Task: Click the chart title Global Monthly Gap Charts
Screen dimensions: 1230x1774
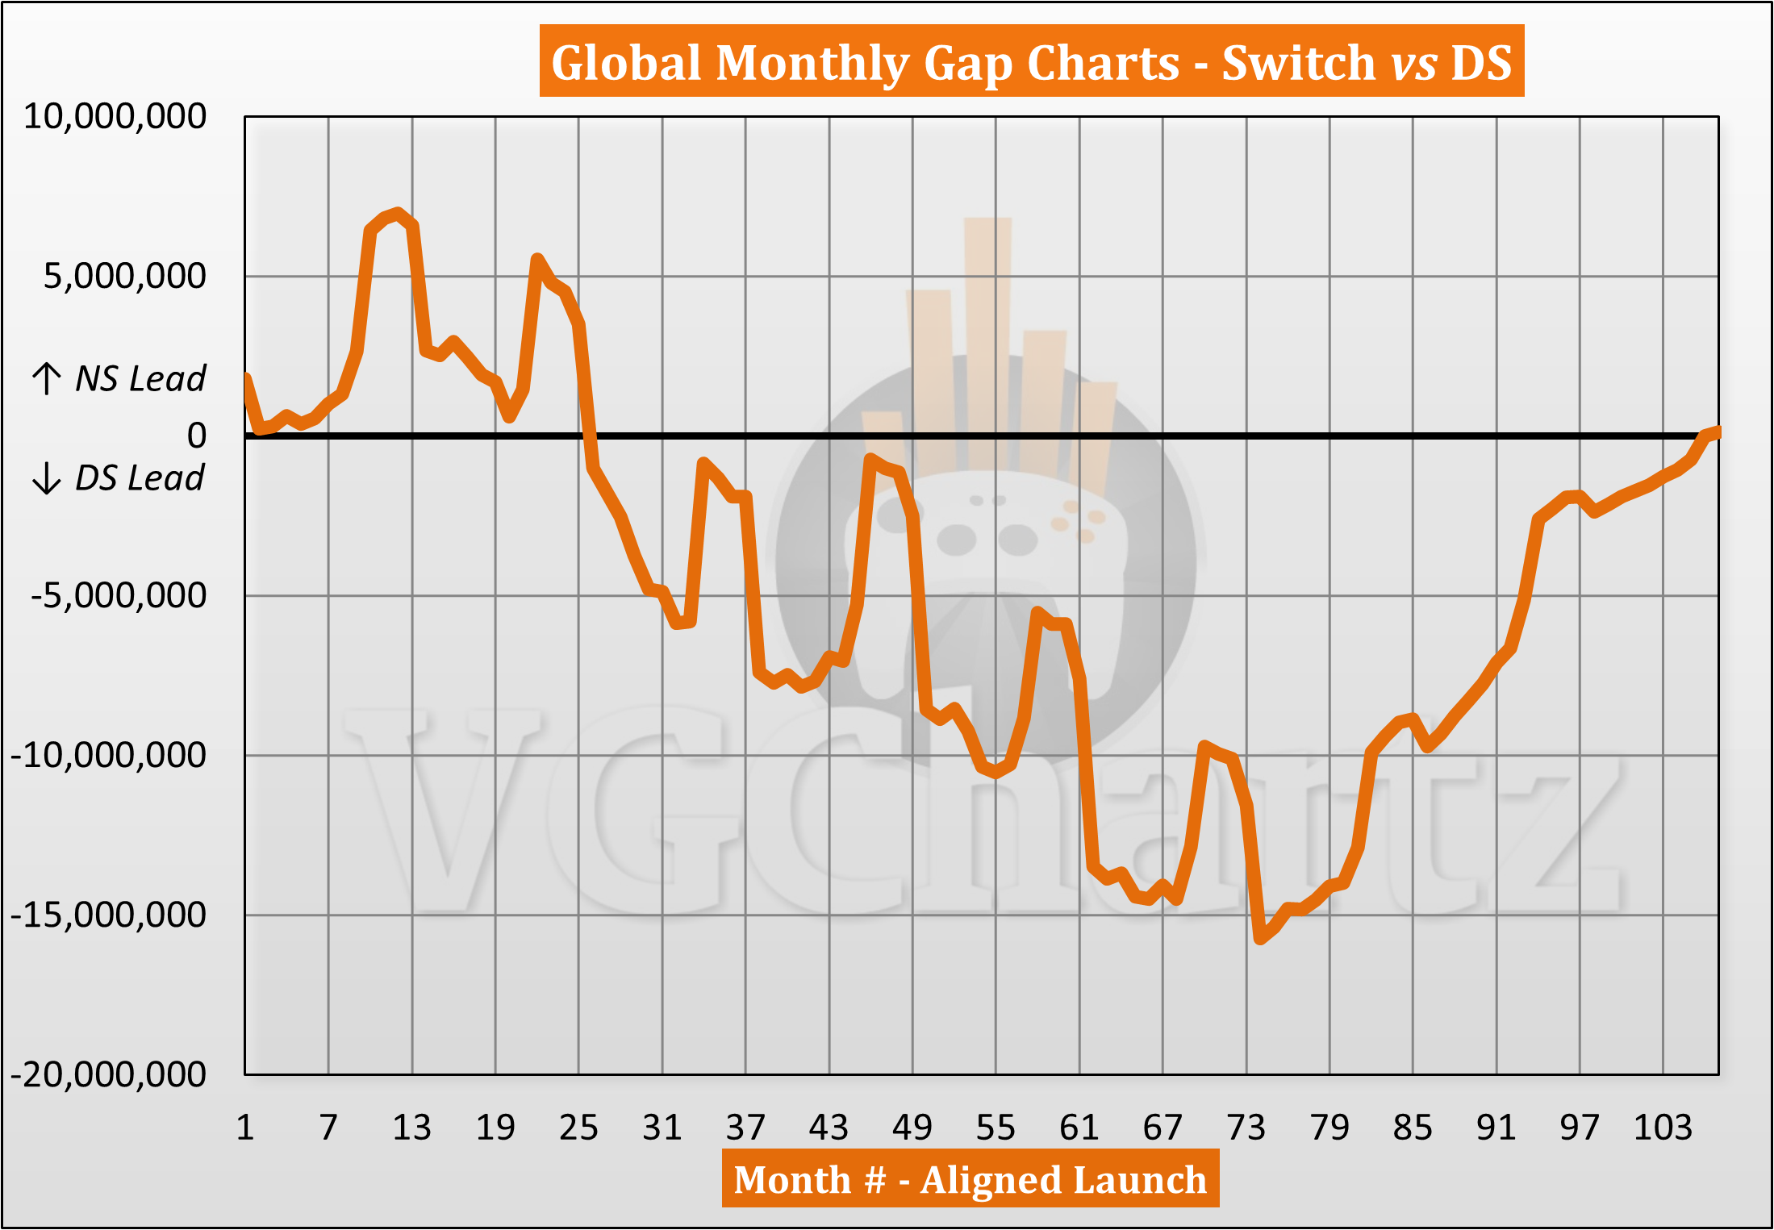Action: pyautogui.click(x=1031, y=62)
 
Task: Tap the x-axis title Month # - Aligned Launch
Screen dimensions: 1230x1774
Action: pyautogui.click(x=970, y=1180)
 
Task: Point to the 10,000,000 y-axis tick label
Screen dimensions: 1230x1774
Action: pyautogui.click(x=115, y=117)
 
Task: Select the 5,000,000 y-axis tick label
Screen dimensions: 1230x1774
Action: pyautogui.click(x=124, y=277)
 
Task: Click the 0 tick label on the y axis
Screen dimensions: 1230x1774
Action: pyautogui.click(x=197, y=436)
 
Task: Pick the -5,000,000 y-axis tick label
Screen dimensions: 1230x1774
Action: pyautogui.click(x=119, y=596)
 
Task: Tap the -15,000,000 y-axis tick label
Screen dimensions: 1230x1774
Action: pyautogui.click(x=109, y=915)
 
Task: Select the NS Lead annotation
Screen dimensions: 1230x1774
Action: pyautogui.click(x=140, y=378)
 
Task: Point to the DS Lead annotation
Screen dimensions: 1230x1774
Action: pyautogui.click(x=139, y=478)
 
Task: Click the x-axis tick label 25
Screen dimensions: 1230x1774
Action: pyautogui.click(x=578, y=1127)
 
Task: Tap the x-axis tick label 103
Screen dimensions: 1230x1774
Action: pyautogui.click(x=1663, y=1127)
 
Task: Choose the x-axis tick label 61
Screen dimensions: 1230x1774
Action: pyautogui.click(x=1079, y=1127)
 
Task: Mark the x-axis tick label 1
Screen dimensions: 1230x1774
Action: pyautogui.click(x=245, y=1127)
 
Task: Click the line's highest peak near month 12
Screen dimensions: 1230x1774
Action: pyautogui.click(x=398, y=213)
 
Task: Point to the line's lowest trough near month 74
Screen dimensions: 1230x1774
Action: pyautogui.click(x=1260, y=939)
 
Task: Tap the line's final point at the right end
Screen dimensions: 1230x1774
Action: pyautogui.click(x=1717, y=432)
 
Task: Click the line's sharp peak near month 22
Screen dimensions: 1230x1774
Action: pyautogui.click(x=537, y=260)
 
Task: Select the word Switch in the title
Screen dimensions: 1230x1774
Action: pyautogui.click(x=1298, y=62)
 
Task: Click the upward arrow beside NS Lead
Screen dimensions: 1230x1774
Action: pyautogui.click(x=47, y=378)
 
